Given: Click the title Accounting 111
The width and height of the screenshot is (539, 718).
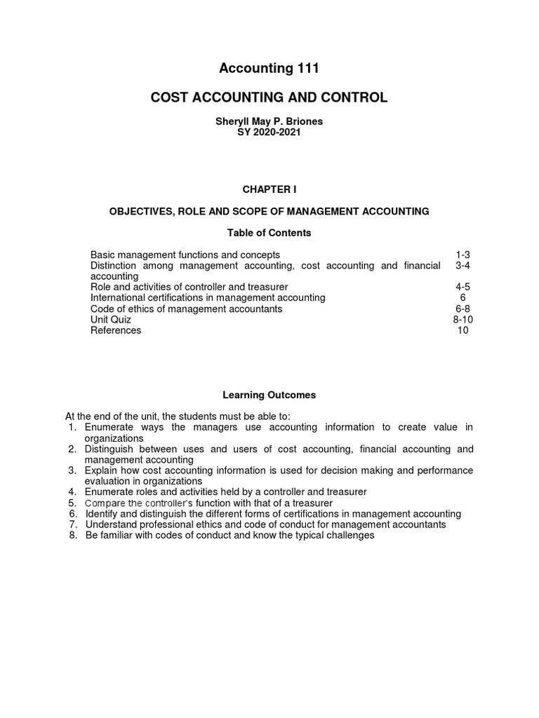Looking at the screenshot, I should tap(269, 68).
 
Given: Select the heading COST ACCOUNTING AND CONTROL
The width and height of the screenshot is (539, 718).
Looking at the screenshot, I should tap(269, 97).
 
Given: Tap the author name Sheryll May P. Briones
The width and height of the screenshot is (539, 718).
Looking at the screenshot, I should tap(269, 121).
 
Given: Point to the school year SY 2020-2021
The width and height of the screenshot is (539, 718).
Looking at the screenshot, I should tap(269, 132).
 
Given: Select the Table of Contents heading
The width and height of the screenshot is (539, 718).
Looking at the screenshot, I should tap(269, 232).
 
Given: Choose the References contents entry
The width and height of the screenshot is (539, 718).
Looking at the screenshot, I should tap(116, 330).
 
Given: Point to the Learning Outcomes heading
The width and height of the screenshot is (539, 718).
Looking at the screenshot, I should tap(269, 395).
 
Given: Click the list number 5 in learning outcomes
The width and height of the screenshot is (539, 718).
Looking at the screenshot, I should tap(72, 503).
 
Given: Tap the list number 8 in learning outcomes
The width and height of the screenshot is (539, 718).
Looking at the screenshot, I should tap(72, 535).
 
